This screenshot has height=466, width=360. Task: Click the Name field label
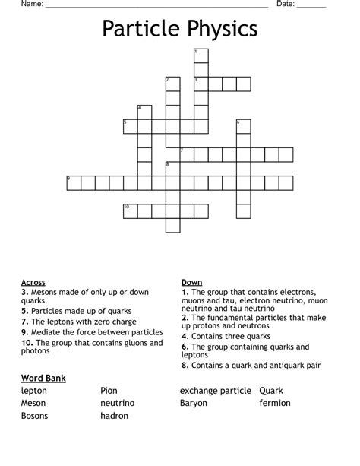pyautogui.click(x=31, y=4)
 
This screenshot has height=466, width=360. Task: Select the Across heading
pyautogui.click(x=33, y=282)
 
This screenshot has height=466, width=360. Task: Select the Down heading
pyautogui.click(x=191, y=282)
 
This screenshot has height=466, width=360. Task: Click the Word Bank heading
pyautogui.click(x=44, y=378)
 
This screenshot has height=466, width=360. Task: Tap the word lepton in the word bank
pyautogui.click(x=34, y=391)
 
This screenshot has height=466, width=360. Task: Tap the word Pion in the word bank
pyautogui.click(x=109, y=391)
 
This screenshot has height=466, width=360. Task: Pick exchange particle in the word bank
pyautogui.click(x=215, y=391)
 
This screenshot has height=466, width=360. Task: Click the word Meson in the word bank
pyautogui.click(x=34, y=403)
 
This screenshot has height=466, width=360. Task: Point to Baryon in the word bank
pyautogui.click(x=194, y=403)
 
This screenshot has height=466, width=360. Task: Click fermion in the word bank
pyautogui.click(x=275, y=403)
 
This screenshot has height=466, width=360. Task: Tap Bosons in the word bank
pyautogui.click(x=36, y=416)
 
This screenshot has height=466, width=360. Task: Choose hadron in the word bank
pyautogui.click(x=114, y=416)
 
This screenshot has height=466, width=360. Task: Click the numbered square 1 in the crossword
pyautogui.click(x=201, y=55)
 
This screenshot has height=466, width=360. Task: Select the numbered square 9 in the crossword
pyautogui.click(x=74, y=182)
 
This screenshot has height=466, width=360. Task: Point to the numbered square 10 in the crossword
pyautogui.click(x=130, y=211)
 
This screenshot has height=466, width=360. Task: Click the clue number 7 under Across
pyautogui.click(x=24, y=322)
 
